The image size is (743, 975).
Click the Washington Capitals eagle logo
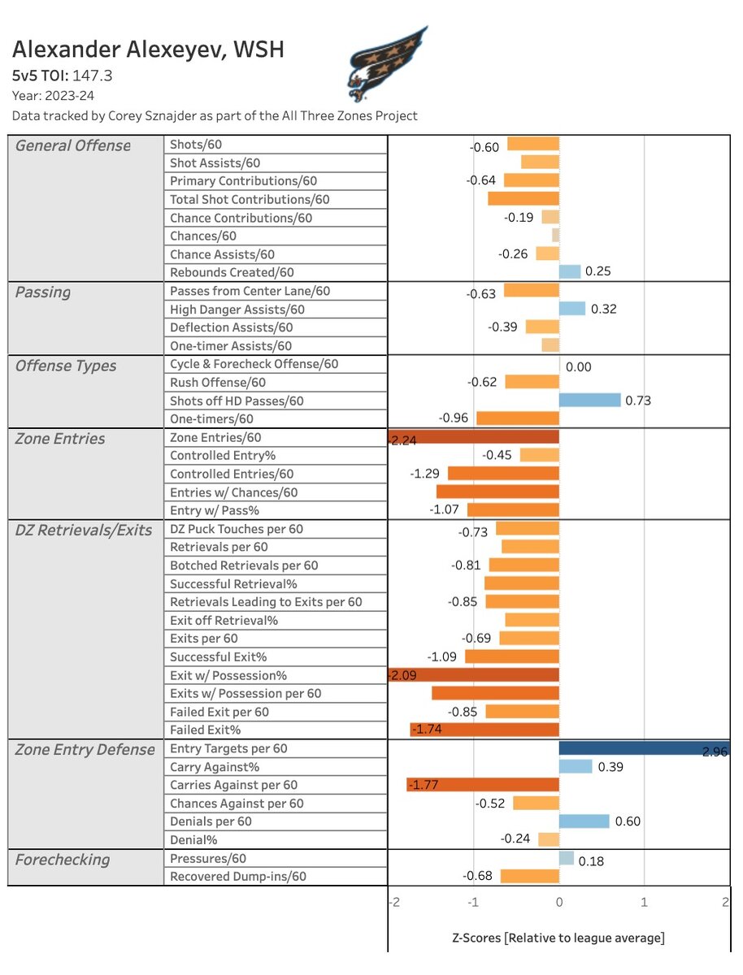(x=387, y=61)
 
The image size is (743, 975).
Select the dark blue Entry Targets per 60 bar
(x=644, y=748)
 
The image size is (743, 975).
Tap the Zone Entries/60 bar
(x=474, y=437)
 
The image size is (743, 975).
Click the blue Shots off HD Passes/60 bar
(x=589, y=401)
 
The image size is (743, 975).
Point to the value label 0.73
(x=638, y=401)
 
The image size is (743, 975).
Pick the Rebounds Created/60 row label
(x=232, y=273)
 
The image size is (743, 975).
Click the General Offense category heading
(x=73, y=146)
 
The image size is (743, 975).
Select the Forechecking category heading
(x=63, y=860)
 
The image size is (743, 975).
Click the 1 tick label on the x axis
(x=644, y=903)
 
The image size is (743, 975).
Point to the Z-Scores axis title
(x=558, y=938)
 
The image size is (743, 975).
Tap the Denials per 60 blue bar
(x=584, y=821)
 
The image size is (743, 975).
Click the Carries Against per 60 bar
(x=483, y=785)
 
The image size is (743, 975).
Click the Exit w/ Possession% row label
(x=228, y=675)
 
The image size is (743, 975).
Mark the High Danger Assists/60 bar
(x=572, y=309)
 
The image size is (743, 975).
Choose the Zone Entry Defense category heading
(x=85, y=750)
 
